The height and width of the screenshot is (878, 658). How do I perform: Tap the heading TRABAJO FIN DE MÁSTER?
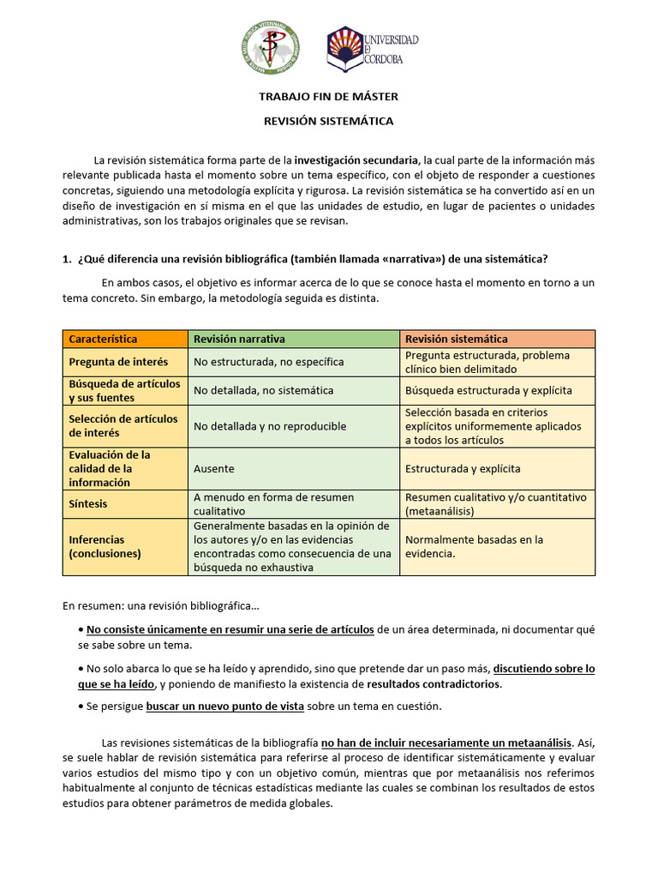pyautogui.click(x=328, y=97)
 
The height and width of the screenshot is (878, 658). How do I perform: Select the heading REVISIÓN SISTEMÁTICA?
pyautogui.click(x=328, y=121)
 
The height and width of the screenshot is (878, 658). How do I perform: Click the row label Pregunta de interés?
pyautogui.click(x=118, y=362)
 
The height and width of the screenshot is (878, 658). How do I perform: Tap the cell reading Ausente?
pyautogui.click(x=213, y=469)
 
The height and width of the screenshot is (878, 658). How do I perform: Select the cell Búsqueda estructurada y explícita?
pyautogui.click(x=488, y=390)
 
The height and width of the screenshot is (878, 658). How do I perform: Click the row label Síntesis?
pyautogui.click(x=88, y=504)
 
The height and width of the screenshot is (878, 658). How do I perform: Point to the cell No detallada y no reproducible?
pyautogui.click(x=270, y=426)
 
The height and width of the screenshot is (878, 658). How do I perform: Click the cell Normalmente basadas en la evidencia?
pyautogui.click(x=474, y=546)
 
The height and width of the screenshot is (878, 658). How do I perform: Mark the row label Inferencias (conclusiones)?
pyautogui.click(x=105, y=546)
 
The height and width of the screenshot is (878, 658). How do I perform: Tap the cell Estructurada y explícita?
pyautogui.click(x=463, y=469)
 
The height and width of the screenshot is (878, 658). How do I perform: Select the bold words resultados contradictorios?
pyautogui.click(x=434, y=684)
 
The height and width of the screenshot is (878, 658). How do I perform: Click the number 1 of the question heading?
pyautogui.click(x=66, y=260)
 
